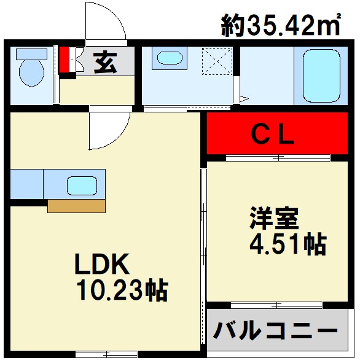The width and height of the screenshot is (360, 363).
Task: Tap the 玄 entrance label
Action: tap(104, 62)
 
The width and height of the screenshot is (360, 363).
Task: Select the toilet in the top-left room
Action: tap(31, 71)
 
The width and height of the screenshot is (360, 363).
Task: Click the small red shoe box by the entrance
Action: tap(63, 60)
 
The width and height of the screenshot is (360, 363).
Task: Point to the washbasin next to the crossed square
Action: tap(170, 59)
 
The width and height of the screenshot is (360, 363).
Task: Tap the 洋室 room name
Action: tap(273, 219)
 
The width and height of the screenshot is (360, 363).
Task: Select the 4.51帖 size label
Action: tap(287, 244)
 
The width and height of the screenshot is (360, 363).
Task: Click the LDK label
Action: tap(101, 264)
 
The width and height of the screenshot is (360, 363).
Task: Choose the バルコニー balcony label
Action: tap(275, 332)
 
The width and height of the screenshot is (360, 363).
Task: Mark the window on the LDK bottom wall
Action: tap(106, 354)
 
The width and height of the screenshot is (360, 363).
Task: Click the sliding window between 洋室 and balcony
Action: tap(276, 305)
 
